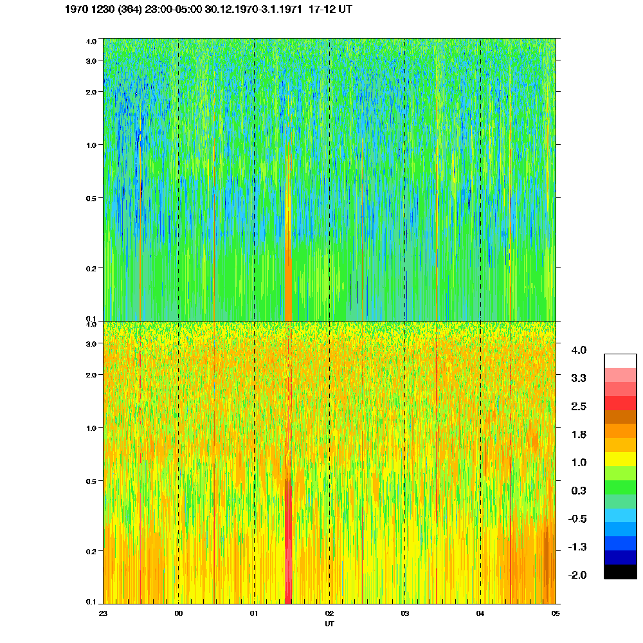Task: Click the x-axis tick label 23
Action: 103,613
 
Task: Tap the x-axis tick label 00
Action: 178,613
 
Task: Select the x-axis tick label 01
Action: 254,613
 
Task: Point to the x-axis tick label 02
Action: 329,613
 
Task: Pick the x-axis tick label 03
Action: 404,613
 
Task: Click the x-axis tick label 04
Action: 480,613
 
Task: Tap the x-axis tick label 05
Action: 556,613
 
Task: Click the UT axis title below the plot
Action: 329,624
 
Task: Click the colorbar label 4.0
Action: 579,350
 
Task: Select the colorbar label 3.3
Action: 579,378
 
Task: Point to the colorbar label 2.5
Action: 579,406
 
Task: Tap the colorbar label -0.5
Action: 577,519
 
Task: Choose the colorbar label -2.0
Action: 577,575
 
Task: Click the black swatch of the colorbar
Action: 620,572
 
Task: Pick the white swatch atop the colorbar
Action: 620,360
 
